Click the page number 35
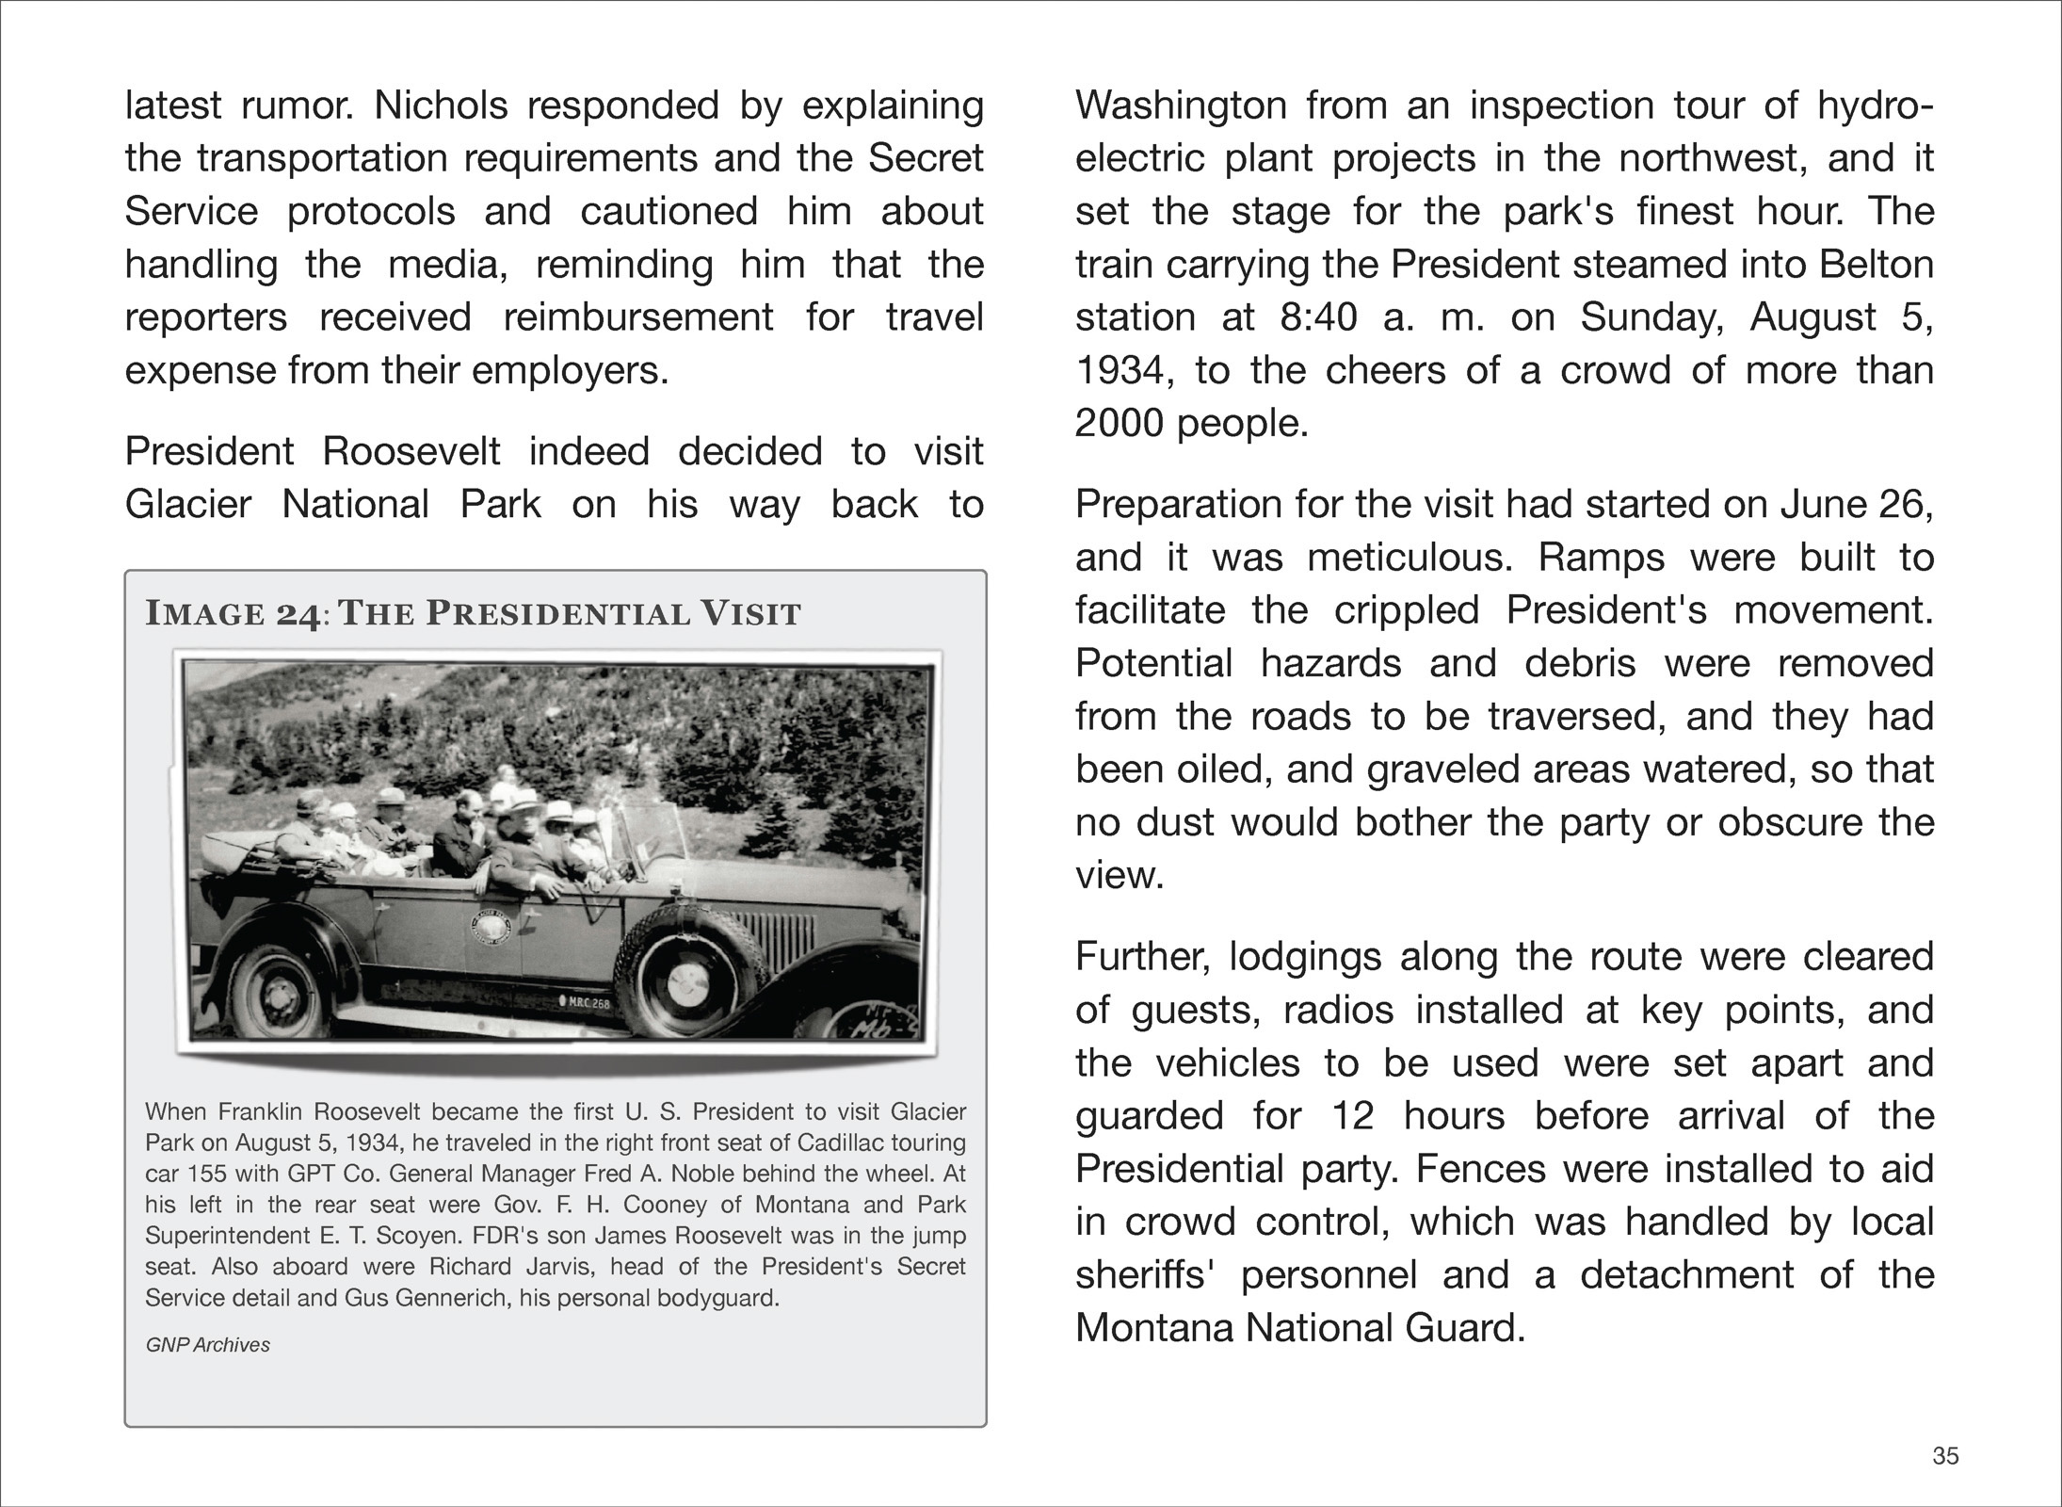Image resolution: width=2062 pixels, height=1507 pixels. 1945,1456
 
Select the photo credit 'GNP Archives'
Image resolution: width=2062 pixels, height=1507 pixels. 207,1345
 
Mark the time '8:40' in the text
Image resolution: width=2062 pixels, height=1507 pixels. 1318,317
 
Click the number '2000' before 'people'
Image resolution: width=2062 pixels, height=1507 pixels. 1119,424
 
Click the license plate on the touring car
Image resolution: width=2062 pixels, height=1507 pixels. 585,1002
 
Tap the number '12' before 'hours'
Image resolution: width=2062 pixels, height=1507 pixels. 1353,1116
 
